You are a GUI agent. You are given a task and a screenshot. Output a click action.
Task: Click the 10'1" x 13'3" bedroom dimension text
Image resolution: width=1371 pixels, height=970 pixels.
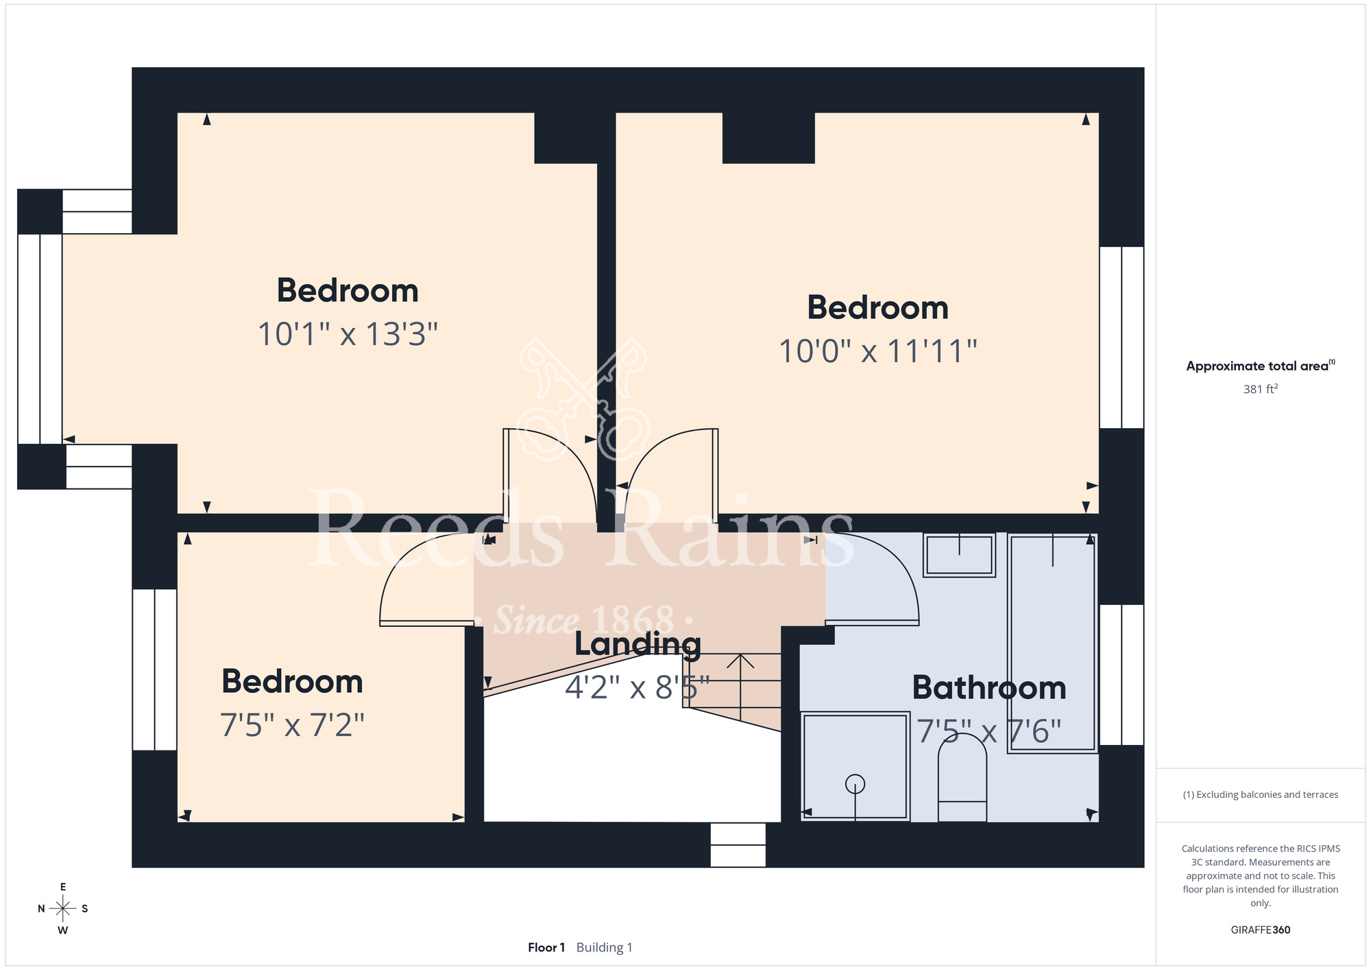tap(348, 335)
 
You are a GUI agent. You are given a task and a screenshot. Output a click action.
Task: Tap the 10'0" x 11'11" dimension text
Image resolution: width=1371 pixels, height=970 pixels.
tap(877, 352)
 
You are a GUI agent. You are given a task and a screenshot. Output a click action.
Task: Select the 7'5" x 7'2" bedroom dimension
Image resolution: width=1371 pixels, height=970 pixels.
tap(292, 725)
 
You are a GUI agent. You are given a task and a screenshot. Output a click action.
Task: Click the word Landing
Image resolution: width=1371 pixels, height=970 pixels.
tap(638, 645)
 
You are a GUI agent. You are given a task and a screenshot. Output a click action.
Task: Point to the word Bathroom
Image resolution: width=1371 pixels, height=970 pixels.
tap(989, 688)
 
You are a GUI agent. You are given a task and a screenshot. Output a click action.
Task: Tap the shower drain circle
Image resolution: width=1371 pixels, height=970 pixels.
tap(856, 783)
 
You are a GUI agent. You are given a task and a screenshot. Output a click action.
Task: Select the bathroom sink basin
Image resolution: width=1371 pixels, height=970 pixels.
tap(959, 555)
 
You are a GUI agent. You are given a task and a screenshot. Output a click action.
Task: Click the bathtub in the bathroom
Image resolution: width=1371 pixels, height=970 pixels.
tap(1053, 643)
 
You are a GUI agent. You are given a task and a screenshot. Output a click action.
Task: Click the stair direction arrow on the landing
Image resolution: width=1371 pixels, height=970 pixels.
tap(740, 687)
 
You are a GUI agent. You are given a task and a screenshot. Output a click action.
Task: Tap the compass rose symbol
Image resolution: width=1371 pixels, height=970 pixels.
tap(63, 909)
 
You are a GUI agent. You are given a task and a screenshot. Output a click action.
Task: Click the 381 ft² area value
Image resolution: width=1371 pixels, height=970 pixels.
tap(1261, 389)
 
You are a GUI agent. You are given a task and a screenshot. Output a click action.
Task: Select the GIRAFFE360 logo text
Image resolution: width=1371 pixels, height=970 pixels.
tap(1261, 930)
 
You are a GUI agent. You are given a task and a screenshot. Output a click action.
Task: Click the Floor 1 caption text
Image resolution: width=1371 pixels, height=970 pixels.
tap(546, 947)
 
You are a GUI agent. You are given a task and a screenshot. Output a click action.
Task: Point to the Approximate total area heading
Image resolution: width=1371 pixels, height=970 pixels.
tap(1261, 366)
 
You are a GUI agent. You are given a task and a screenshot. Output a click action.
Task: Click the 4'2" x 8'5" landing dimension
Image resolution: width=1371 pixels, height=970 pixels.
tap(638, 687)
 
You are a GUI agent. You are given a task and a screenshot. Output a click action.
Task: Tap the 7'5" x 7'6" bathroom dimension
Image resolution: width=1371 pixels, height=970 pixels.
tap(989, 731)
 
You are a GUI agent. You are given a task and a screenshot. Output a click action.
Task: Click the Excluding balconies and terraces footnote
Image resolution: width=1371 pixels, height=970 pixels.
tap(1261, 794)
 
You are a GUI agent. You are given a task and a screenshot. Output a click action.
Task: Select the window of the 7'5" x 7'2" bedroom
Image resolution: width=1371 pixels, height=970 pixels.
tap(155, 670)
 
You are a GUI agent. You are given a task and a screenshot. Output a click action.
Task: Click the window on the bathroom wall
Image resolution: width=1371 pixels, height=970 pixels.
tap(1121, 675)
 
